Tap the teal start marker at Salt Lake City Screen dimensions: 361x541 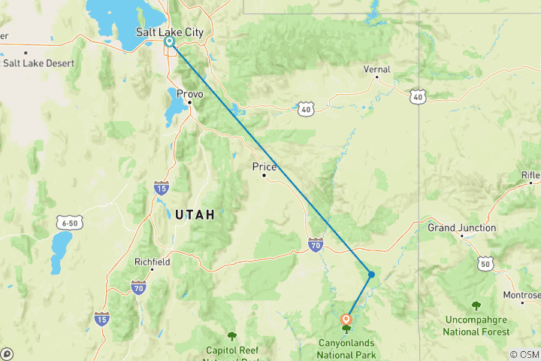point(170,43)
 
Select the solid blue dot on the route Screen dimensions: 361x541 point(371,274)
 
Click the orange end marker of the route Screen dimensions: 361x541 point(346,318)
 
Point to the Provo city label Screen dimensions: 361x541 point(189,93)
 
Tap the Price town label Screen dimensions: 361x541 point(264,166)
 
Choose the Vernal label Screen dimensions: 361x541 point(376,69)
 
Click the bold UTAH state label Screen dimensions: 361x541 point(195,215)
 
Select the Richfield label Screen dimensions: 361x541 point(151,262)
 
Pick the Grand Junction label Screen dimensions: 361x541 point(461,227)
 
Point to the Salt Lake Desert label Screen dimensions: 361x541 point(39,63)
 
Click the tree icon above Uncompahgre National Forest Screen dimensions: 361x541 point(476,305)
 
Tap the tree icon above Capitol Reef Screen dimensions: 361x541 point(231,336)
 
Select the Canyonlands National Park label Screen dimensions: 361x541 point(346,348)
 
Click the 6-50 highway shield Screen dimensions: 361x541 point(68,223)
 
